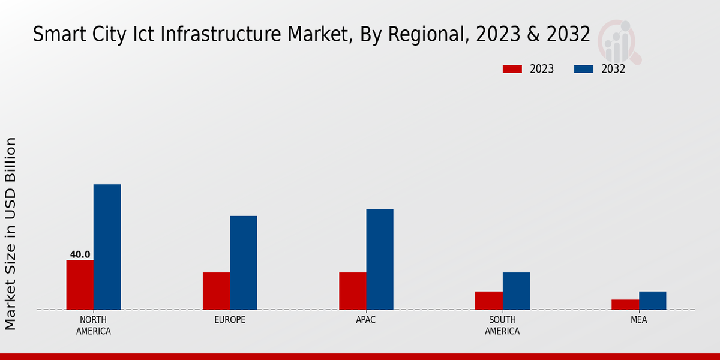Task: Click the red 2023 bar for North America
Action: pos(80,284)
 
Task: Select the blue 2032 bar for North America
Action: pos(107,247)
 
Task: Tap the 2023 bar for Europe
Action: pos(216,291)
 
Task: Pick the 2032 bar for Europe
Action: pos(243,263)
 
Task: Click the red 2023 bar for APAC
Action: pos(352,291)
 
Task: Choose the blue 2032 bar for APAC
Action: pos(379,259)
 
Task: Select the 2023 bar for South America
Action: pos(488,301)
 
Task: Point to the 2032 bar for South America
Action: pos(516,291)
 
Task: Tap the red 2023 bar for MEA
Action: pos(625,304)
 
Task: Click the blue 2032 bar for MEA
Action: pos(652,301)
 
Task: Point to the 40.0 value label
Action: pos(80,254)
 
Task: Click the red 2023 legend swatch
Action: pos(512,69)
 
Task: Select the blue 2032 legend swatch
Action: pos(583,69)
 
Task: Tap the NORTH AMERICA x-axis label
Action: pos(93,325)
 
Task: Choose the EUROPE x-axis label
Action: pos(230,320)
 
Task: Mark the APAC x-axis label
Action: pos(365,320)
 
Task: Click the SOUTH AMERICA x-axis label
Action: pos(502,325)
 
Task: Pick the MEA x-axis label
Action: pos(638,320)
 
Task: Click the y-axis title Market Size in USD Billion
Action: pos(11,233)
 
